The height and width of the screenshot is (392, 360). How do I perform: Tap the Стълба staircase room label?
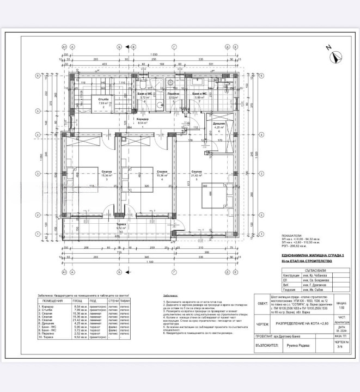click(x=103, y=100)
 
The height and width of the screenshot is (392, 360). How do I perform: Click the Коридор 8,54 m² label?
click(x=143, y=121)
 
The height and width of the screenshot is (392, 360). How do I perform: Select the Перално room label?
click(x=173, y=95)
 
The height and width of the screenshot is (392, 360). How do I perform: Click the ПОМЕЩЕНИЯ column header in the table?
click(x=52, y=300)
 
